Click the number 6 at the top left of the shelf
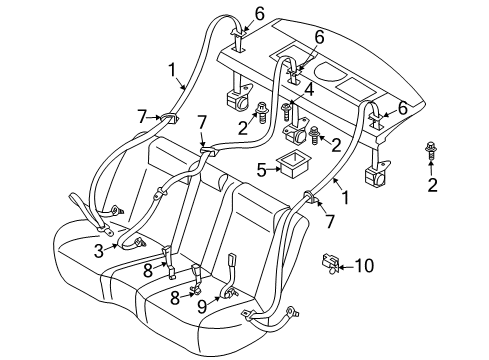[x=260, y=14]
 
